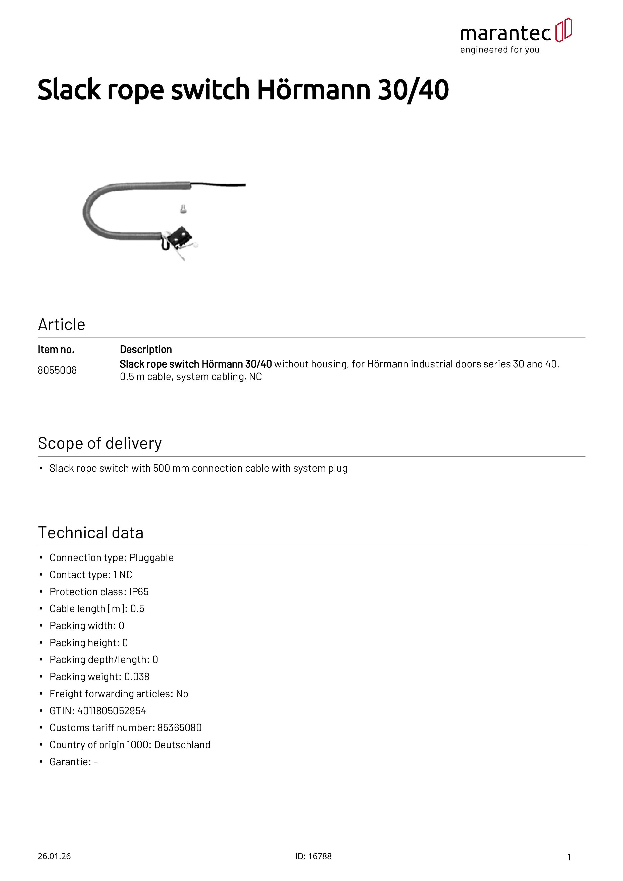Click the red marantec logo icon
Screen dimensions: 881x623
point(563,30)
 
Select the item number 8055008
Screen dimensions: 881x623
point(57,370)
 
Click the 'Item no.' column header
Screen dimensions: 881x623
point(56,350)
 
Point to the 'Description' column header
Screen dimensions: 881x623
point(146,350)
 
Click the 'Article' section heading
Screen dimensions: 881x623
point(61,325)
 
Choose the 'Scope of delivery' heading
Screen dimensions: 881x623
point(100,444)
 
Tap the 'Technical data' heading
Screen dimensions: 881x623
point(91,533)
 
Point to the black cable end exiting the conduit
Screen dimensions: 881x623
point(219,185)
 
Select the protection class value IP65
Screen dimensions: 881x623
point(139,592)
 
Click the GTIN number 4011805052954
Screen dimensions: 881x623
point(112,711)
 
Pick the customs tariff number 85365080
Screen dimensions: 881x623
point(179,728)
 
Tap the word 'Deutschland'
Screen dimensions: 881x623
point(182,745)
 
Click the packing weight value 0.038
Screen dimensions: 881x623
point(137,677)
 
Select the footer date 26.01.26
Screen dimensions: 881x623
point(54,856)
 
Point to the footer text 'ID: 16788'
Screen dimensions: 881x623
point(313,856)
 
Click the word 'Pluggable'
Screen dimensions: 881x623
point(152,558)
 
